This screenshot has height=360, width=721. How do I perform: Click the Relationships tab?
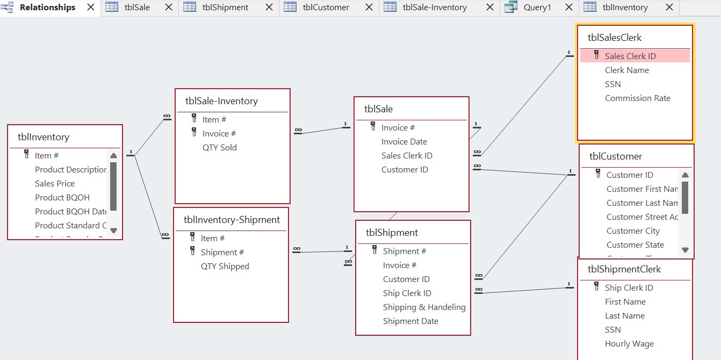coord(47,8)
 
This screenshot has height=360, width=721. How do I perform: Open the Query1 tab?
coord(537,8)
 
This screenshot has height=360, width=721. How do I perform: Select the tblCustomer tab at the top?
coord(326,8)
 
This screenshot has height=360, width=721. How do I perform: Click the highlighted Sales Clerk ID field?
coord(630,56)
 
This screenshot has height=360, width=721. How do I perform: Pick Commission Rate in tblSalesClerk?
coord(637,98)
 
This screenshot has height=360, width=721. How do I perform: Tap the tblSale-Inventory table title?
coord(221,101)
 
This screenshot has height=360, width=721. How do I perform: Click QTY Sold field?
coord(219,148)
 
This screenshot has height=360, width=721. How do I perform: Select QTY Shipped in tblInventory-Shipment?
coord(225,267)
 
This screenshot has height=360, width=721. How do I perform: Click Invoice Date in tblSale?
coord(404,142)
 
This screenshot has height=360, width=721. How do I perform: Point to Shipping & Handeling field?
coord(424,307)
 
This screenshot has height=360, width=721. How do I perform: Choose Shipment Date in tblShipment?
coord(410,321)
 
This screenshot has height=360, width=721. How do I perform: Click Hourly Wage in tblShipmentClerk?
coord(629,344)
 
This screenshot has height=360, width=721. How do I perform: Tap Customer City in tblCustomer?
coord(633,231)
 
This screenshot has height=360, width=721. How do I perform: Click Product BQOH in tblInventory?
coord(62,198)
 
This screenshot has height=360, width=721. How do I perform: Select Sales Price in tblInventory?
coord(55,184)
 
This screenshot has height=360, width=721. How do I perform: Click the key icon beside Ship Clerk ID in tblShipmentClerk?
coord(596,287)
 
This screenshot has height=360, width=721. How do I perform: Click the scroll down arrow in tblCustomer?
coord(685,250)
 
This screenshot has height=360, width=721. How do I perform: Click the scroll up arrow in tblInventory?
coord(113,156)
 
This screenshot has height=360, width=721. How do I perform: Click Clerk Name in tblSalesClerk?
coord(626,70)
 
